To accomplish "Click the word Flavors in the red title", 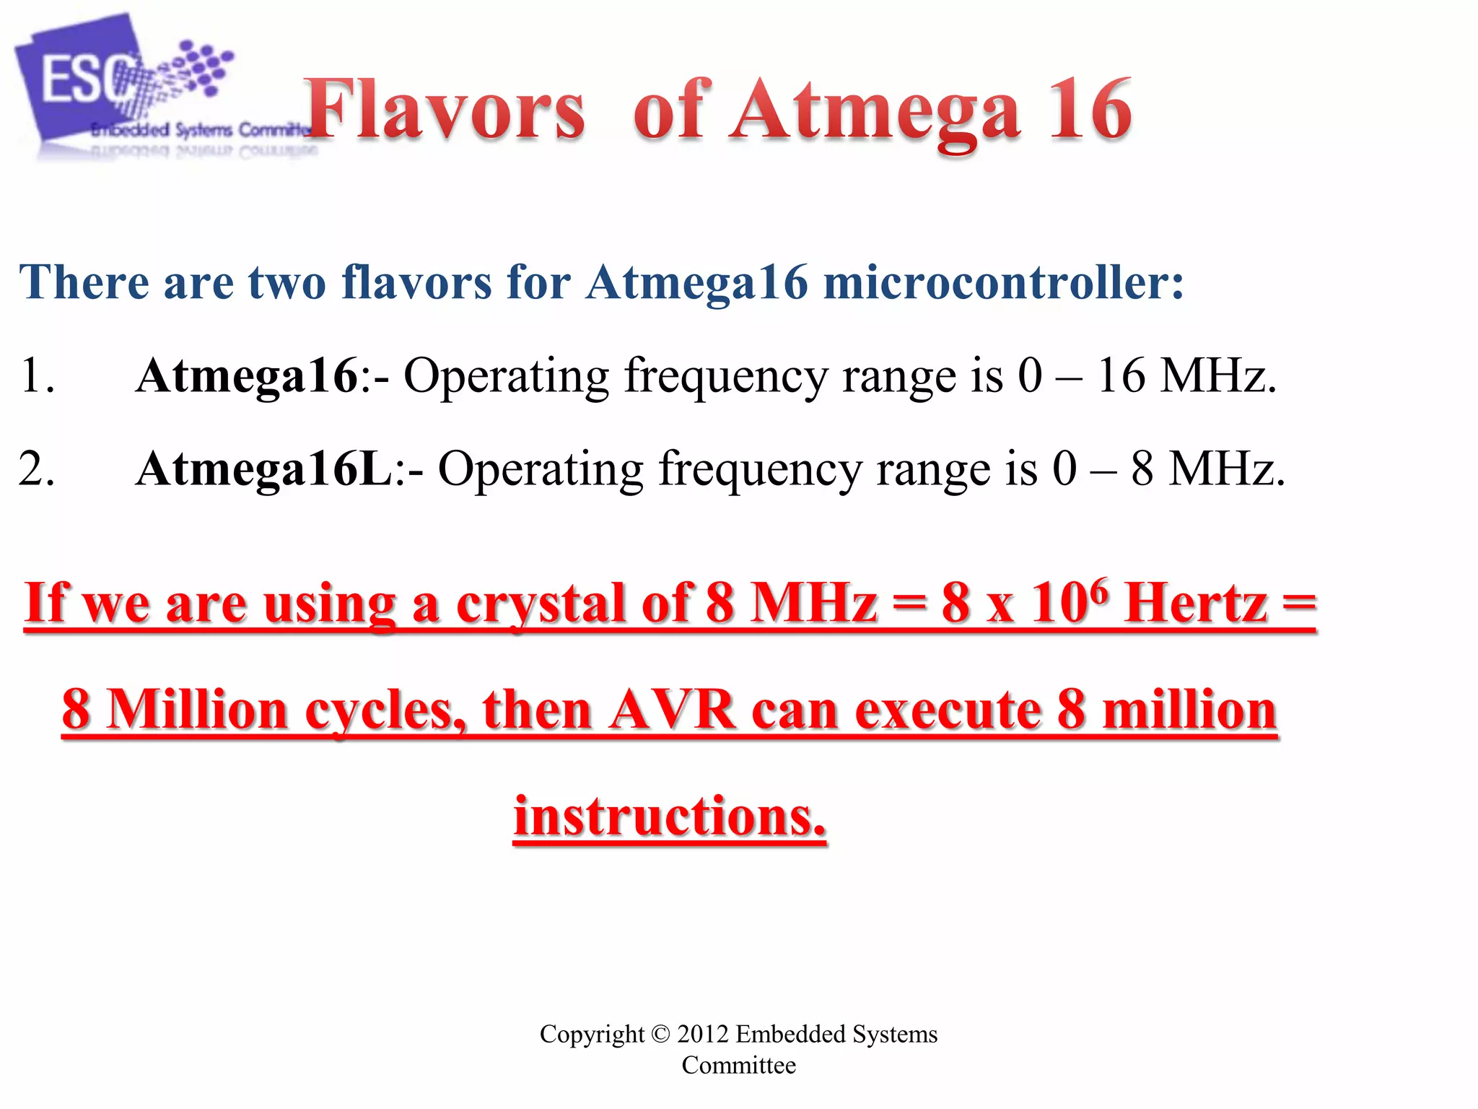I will (x=445, y=110).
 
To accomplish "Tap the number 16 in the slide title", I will (x=1090, y=110).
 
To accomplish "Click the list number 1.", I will (x=36, y=375).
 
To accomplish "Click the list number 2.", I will (x=36, y=469).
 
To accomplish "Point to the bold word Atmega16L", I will (x=263, y=469).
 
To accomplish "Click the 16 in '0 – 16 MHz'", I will (x=1121, y=375).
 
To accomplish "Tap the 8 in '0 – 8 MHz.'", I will (x=1142, y=469).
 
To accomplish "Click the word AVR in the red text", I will (x=671, y=710).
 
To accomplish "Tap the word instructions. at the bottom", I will (x=670, y=817).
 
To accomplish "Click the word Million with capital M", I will (x=198, y=710).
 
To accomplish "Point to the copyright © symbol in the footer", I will (x=660, y=1034).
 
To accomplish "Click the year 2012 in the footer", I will (x=702, y=1034).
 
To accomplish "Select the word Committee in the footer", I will (x=738, y=1066).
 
